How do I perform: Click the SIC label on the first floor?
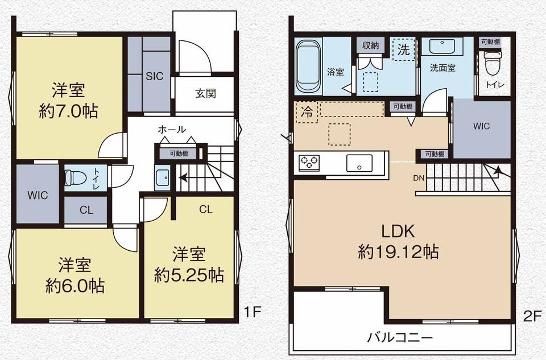155,76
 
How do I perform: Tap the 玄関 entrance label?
205,93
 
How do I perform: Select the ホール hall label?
172,130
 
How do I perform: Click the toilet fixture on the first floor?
76,177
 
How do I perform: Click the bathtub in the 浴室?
308,66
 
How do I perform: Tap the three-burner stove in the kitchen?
309,162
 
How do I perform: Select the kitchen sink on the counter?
359,163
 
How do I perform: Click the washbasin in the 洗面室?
441,47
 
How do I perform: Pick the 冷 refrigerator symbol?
307,112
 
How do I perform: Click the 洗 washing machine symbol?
403,50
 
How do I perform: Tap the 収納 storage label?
370,45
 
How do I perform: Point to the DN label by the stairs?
419,178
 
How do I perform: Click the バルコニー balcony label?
400,338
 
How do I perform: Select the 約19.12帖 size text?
398,252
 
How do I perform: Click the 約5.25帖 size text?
189,275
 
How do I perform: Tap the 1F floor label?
252,312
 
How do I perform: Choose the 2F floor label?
533,316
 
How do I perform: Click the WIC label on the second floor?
481,126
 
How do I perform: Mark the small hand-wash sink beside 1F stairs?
162,177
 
